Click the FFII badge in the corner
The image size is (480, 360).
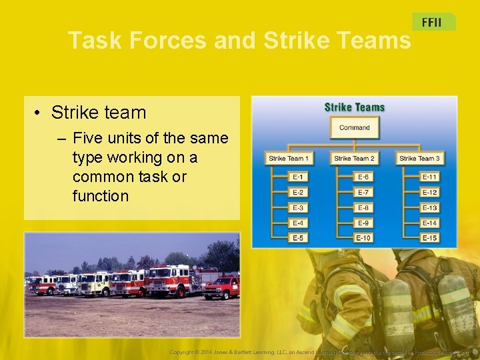[432, 22]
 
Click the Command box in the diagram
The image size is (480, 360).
[354, 127]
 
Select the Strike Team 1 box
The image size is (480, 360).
[289, 159]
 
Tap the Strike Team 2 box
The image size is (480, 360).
[354, 159]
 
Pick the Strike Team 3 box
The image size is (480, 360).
[419, 159]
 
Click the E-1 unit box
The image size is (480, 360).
[298, 177]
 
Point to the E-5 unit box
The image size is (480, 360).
[298, 238]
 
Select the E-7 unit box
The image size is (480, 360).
[363, 193]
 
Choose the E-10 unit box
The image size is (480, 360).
[363, 238]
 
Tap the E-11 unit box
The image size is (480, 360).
[429, 177]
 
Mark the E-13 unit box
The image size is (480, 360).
[429, 208]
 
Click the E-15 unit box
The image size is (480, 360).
[429, 238]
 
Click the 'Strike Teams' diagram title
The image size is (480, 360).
[354, 107]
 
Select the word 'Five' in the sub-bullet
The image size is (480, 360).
[88, 139]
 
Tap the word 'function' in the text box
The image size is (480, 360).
[100, 196]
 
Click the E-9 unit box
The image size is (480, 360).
[363, 223]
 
